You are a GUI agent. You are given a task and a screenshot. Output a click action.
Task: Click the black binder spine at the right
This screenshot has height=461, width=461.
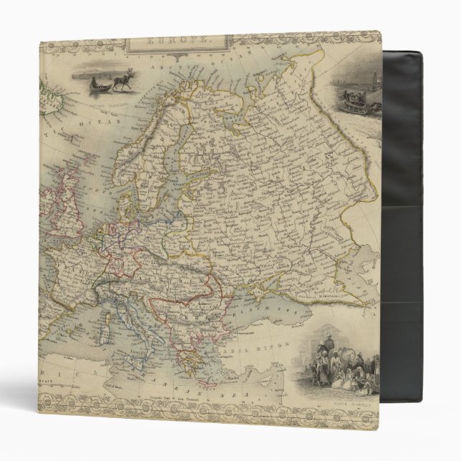click(418, 215)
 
